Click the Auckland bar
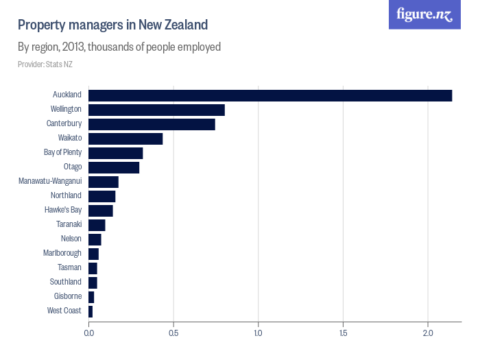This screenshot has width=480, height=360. pyautogui.click(x=270, y=95)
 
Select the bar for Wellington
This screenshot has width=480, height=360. pyautogui.click(x=156, y=110)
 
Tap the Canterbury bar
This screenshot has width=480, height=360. pyautogui.click(x=152, y=124)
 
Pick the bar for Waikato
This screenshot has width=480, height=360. pyautogui.click(x=125, y=139)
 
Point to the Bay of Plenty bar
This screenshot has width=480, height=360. pyautogui.click(x=115, y=153)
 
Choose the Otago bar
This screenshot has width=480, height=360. pyautogui.click(x=114, y=167)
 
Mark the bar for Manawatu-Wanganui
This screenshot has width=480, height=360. pyautogui.click(x=104, y=182)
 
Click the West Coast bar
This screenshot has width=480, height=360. pyautogui.click(x=91, y=311)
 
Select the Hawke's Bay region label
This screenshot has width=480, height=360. pyautogui.click(x=64, y=211)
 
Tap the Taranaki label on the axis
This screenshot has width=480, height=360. pyautogui.click(x=69, y=225)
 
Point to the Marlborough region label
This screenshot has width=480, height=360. pyautogui.click(x=62, y=254)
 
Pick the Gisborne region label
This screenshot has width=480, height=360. pyautogui.click(x=68, y=297)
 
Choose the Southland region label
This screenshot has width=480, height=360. pyautogui.click(x=65, y=283)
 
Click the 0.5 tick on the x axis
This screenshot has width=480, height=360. pyautogui.click(x=173, y=333)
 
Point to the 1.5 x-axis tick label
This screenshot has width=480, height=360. pyautogui.click(x=343, y=333)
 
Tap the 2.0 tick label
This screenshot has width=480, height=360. pyautogui.click(x=428, y=333)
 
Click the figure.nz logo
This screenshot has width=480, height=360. pyautogui.click(x=424, y=14)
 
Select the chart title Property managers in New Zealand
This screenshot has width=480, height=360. pyautogui.click(x=112, y=25)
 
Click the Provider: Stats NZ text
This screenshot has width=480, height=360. pyautogui.click(x=45, y=64)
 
